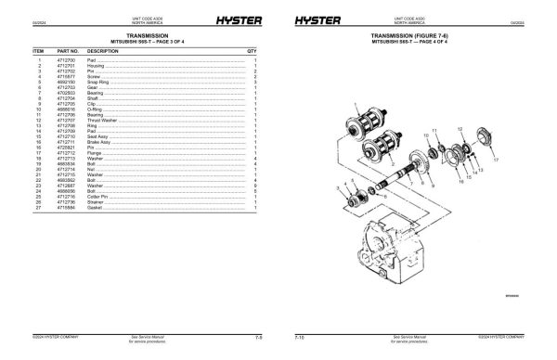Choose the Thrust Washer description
[102, 120]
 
